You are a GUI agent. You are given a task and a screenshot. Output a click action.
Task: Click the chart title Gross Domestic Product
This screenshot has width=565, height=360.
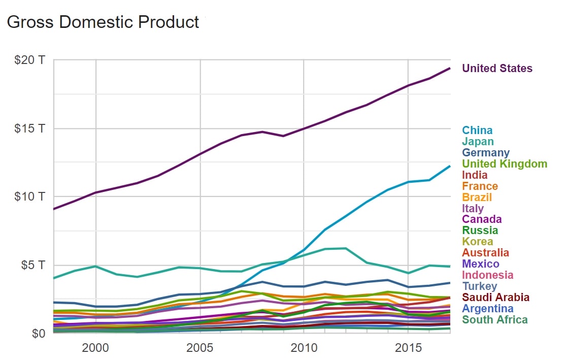click(103, 22)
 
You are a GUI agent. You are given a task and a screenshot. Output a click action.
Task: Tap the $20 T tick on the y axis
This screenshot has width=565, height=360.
click(30, 60)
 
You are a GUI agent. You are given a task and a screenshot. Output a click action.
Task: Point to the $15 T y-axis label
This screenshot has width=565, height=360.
click(30, 128)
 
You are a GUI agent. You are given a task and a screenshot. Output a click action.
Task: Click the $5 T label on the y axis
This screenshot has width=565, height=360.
click(33, 265)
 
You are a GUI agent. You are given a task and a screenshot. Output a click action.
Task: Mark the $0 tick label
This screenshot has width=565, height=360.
click(38, 333)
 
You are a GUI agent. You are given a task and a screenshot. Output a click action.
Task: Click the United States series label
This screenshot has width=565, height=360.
click(497, 69)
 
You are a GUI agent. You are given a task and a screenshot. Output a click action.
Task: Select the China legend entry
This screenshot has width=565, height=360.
click(477, 130)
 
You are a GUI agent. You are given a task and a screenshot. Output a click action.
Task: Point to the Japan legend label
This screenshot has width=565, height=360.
click(478, 142)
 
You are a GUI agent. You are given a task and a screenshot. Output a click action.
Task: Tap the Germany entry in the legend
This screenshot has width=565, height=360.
click(486, 153)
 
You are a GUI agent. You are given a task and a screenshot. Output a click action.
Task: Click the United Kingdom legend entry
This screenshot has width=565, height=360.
click(505, 164)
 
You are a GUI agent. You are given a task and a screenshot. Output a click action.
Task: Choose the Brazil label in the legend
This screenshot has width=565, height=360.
click(477, 198)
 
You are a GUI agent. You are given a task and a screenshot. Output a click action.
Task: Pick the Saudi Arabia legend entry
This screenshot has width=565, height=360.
click(495, 298)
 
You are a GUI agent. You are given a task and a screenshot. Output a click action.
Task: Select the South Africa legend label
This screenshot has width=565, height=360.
click(494, 320)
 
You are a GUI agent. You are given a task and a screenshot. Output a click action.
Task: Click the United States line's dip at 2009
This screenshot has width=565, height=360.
click(283, 136)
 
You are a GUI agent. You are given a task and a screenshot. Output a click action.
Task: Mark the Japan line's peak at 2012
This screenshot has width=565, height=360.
click(346, 248)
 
